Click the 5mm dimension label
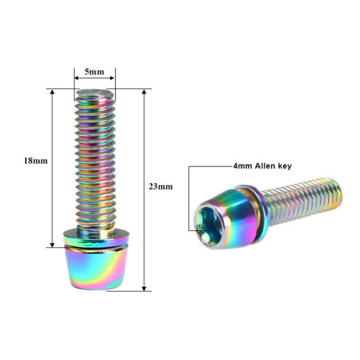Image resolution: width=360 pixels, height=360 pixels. (x=95, y=72)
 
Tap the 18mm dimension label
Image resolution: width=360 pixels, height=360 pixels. (x=36, y=161)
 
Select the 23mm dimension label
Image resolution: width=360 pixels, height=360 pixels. (x=161, y=186)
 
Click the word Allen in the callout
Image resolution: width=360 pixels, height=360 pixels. (x=265, y=166)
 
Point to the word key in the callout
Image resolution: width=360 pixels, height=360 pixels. (x=285, y=167)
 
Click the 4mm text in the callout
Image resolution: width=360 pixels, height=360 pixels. (x=243, y=166)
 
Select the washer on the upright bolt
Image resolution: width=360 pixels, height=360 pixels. (x=96, y=237)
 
